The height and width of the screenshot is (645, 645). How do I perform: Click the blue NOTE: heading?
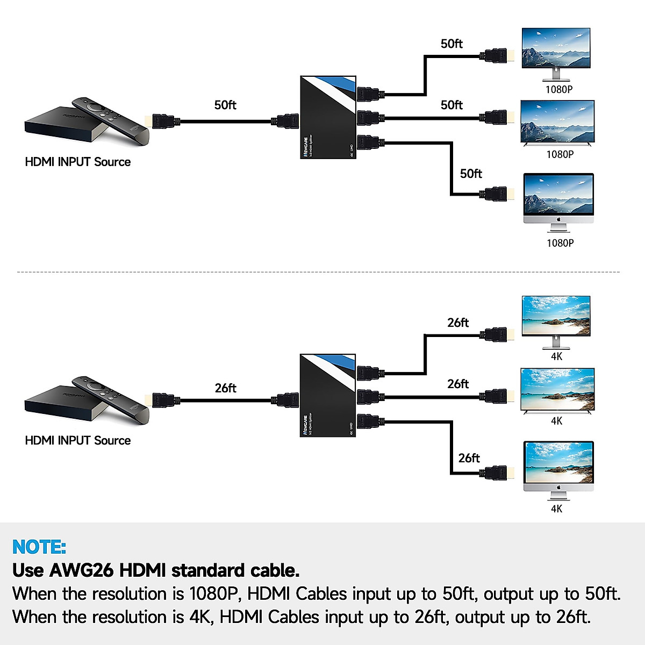coord(39,547)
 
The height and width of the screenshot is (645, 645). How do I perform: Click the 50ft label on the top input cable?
coord(225,105)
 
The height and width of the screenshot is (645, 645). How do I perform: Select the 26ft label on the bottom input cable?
coord(225,388)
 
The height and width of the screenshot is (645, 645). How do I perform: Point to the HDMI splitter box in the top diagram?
coord(328,117)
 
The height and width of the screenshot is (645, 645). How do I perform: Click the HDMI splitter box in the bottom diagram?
coord(328,396)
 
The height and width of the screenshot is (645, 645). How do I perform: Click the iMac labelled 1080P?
coord(558,202)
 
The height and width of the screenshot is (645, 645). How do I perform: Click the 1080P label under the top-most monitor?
coord(559,90)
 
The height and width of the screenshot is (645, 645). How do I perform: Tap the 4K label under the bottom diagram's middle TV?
coord(557,421)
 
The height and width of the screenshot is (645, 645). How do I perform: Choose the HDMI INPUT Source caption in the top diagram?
coord(78,162)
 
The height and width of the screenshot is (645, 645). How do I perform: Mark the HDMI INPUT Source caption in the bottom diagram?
coord(78,441)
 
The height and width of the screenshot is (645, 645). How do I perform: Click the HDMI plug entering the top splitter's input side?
coord(285,121)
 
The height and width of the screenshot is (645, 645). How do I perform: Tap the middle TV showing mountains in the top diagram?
coord(557,123)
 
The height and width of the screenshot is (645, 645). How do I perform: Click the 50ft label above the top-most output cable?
coord(451,44)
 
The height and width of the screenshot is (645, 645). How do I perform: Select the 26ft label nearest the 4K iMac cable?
coord(469,458)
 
